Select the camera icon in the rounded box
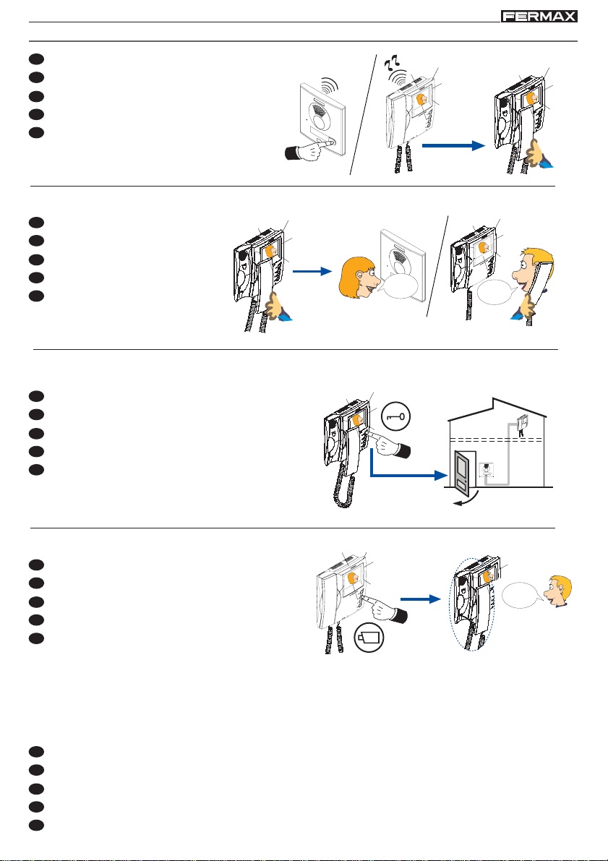point(369,639)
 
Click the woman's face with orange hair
point(356,276)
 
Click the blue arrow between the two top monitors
point(450,145)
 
